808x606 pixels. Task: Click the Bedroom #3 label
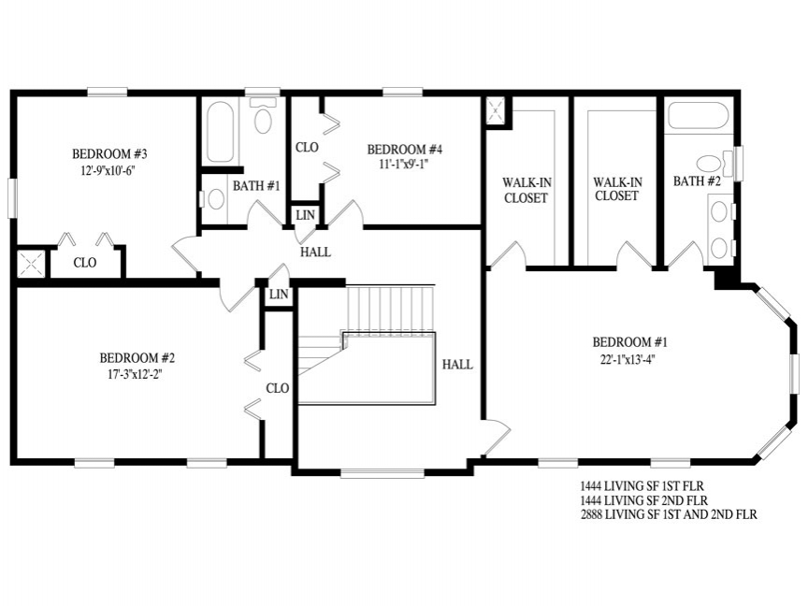tap(109, 154)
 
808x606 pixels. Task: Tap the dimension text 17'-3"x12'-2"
tap(136, 375)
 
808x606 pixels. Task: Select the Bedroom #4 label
tap(405, 150)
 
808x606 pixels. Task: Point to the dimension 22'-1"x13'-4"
tap(628, 359)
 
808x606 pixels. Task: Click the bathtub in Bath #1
tap(220, 132)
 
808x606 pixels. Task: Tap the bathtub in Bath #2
tap(699, 115)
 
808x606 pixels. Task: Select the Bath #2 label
tap(697, 181)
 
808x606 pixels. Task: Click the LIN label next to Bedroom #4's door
tap(306, 215)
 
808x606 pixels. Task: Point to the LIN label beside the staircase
tap(279, 295)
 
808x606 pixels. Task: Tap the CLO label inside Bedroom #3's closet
tap(85, 263)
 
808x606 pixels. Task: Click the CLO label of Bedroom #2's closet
tap(277, 388)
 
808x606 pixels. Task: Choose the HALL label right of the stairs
tap(457, 365)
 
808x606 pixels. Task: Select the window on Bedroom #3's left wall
tap(12, 198)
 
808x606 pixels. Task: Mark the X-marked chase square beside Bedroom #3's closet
tap(31, 265)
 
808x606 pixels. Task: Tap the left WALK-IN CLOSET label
tap(527, 190)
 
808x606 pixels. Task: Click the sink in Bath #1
tap(214, 199)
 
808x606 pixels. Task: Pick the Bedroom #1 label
tap(629, 342)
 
